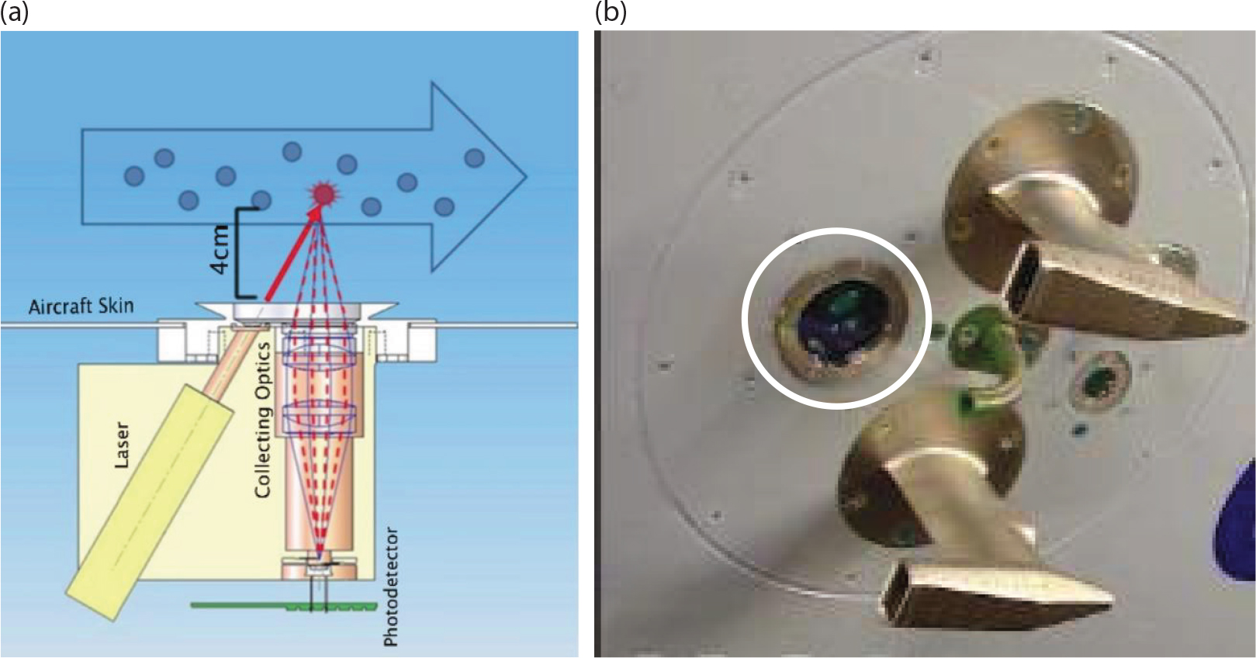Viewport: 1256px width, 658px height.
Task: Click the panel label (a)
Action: (x=14, y=12)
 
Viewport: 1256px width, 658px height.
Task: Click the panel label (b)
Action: (x=611, y=12)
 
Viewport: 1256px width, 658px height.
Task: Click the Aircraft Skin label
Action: (x=81, y=306)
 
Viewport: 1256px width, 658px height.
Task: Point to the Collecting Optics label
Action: (x=262, y=420)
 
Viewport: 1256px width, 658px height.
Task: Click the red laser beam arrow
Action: (x=293, y=254)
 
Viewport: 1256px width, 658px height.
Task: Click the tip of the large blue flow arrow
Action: (x=526, y=177)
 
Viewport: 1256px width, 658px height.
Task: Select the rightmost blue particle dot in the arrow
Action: (x=474, y=158)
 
